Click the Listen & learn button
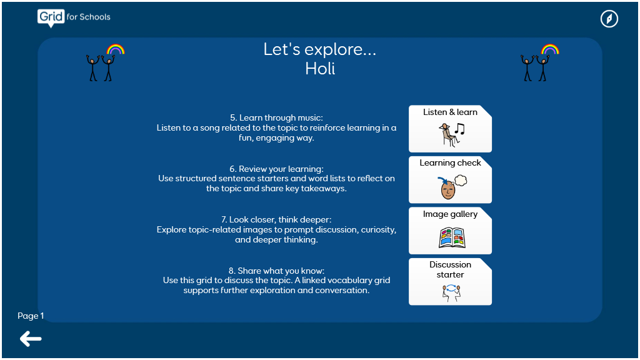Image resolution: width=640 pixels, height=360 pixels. click(450, 129)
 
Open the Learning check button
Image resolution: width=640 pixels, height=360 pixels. click(450, 179)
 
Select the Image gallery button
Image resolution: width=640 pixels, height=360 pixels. click(450, 231)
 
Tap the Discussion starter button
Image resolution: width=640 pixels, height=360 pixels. click(450, 282)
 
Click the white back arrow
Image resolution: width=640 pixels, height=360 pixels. click(31, 339)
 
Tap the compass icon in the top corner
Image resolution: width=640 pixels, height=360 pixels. click(609, 19)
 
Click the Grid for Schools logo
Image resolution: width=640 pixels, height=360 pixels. click(74, 17)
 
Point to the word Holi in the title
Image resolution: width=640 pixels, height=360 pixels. click(320, 69)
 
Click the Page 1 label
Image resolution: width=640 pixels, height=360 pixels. click(31, 316)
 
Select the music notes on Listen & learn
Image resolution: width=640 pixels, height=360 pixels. click(459, 129)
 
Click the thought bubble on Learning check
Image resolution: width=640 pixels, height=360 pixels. click(461, 180)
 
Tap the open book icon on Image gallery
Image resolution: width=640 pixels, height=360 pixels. click(452, 238)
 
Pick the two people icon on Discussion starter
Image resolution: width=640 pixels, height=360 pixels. click(451, 292)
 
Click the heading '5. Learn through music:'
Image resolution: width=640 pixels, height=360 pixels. click(276, 117)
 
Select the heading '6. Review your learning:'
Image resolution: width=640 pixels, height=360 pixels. click(276, 169)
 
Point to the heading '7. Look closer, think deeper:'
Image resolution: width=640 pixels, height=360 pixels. click(276, 219)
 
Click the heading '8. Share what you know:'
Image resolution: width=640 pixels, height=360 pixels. click(276, 271)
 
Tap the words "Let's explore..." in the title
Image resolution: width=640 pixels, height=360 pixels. click(319, 49)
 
